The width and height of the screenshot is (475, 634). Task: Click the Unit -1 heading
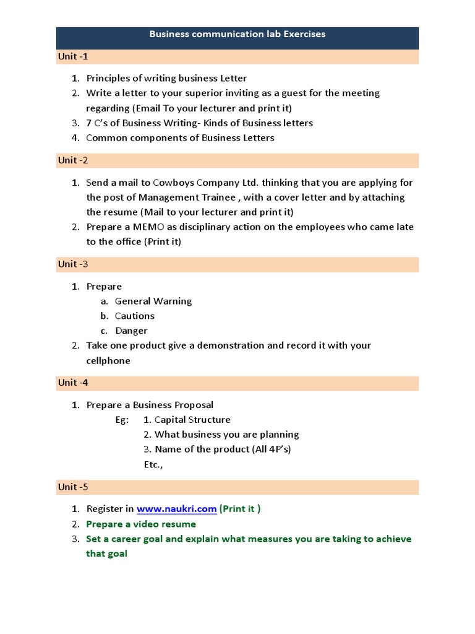coord(73,56)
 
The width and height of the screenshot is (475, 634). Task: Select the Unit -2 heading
coord(73,160)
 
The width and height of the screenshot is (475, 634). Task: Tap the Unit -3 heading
coord(73,264)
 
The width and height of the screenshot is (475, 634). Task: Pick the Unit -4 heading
coord(73,383)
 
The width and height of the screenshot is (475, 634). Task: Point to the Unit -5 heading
coord(73,487)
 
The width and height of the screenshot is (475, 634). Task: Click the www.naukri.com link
coord(176,509)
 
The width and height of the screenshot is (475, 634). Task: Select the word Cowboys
coord(171,183)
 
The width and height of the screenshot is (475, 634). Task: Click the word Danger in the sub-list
coord(131,331)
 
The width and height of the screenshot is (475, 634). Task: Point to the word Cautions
coord(135,316)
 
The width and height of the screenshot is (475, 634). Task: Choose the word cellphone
coord(108,360)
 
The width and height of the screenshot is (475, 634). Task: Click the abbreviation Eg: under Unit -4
coord(122,420)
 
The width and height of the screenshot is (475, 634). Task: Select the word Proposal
coord(191,405)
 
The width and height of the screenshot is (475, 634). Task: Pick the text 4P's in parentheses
coord(278,449)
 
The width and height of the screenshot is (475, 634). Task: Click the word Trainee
coord(217,198)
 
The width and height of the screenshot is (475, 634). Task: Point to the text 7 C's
coord(99,123)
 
